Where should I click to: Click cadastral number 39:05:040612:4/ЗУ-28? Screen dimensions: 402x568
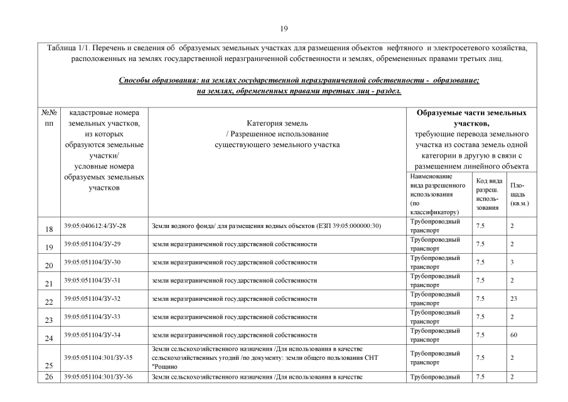[95, 225]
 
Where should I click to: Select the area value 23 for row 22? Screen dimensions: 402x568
[513, 298]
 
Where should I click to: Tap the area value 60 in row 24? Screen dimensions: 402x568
[513, 335]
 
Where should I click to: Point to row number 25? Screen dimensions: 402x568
[50, 364]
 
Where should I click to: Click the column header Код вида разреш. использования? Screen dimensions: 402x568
[486, 193]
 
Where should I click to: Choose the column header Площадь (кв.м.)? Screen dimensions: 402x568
[519, 194]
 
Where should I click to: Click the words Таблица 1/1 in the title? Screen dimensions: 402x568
[67, 48]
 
